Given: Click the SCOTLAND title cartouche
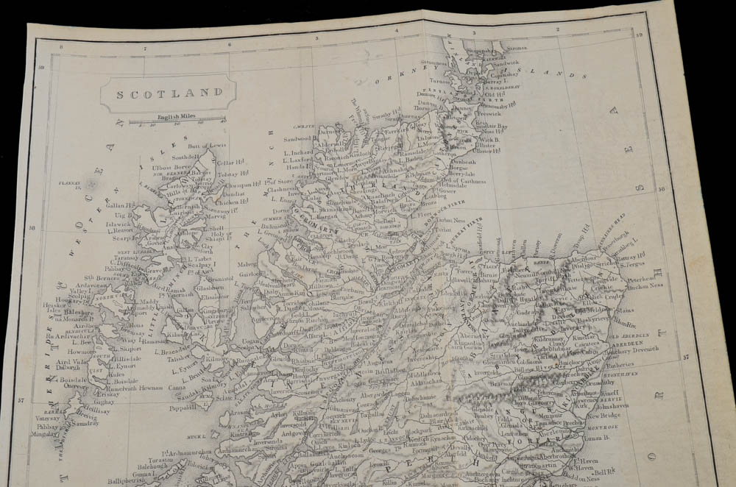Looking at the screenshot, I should click(x=168, y=93).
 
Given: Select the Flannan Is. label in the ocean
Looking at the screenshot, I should click(x=72, y=185).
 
